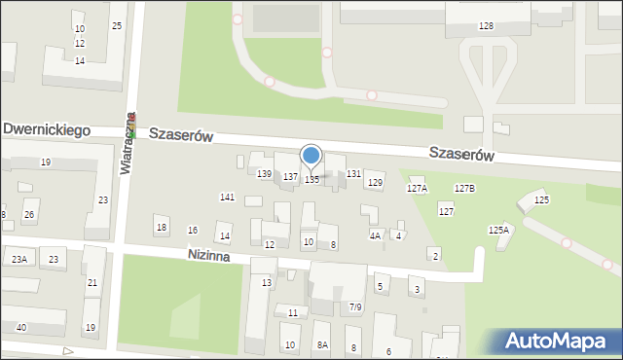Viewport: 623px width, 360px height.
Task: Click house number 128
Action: click(x=486, y=25)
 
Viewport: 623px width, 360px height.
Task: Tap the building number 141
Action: click(x=227, y=198)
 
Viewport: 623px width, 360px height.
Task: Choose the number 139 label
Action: click(x=264, y=173)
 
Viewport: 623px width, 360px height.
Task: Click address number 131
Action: click(x=354, y=173)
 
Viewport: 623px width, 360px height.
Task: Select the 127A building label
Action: click(x=417, y=188)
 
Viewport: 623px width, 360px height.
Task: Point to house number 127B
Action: click(x=464, y=188)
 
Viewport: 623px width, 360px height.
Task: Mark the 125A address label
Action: click(x=498, y=231)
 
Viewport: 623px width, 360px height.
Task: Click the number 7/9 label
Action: click(x=355, y=307)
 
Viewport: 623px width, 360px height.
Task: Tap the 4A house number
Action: click(x=375, y=235)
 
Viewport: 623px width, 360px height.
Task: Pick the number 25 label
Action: click(x=117, y=25)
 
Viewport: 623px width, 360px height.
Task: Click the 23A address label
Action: click(x=19, y=259)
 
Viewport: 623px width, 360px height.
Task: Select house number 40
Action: click(x=21, y=327)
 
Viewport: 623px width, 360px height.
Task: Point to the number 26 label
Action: click(x=29, y=215)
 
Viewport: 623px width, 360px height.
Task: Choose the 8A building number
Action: click(x=321, y=345)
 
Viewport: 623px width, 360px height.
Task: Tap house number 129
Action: click(x=375, y=183)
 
